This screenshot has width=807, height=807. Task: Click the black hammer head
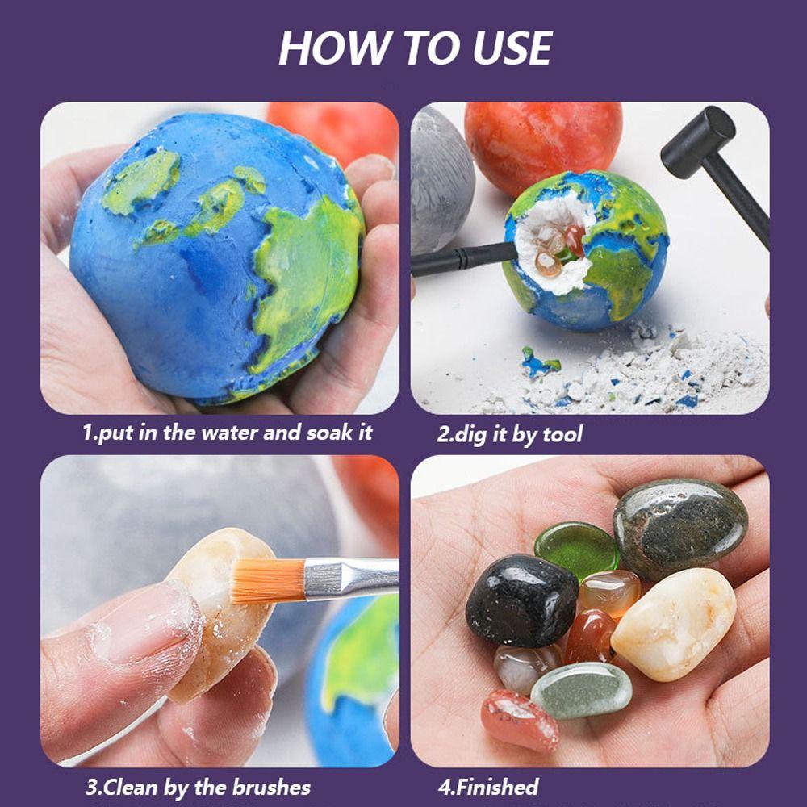click(698, 142)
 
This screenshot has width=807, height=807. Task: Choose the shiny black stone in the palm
click(522, 600)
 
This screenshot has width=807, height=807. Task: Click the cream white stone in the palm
click(673, 623)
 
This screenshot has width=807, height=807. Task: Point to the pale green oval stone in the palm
click(581, 690)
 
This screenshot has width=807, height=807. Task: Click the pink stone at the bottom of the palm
click(519, 720)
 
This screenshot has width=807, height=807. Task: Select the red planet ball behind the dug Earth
click(542, 147)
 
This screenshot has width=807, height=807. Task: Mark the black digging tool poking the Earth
click(463, 259)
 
